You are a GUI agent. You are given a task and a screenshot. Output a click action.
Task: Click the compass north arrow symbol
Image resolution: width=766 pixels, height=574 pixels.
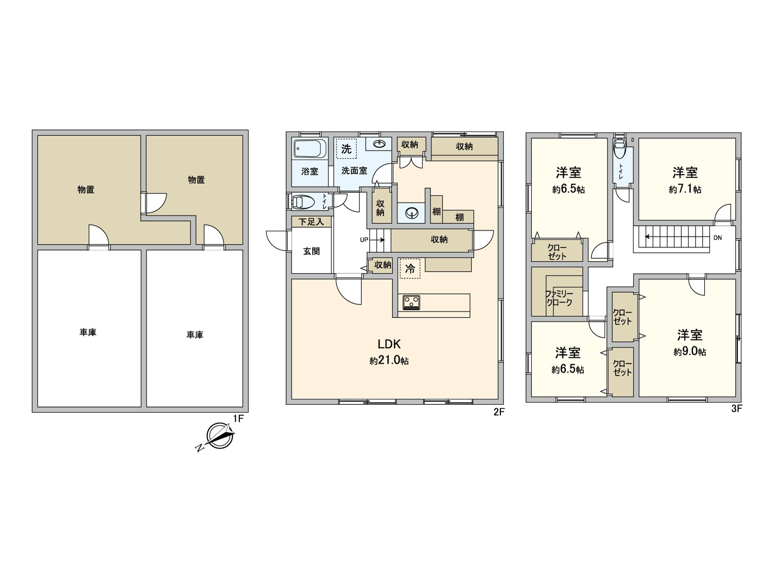(220, 436)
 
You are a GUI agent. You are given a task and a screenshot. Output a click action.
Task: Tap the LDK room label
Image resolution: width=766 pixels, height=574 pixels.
(389, 344)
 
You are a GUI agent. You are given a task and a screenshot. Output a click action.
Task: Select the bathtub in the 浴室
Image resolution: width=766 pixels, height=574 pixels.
(310, 149)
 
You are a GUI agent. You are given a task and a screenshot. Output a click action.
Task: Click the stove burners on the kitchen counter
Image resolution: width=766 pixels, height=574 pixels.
(411, 302)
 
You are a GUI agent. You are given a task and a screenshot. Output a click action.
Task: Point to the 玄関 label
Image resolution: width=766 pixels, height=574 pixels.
(311, 251)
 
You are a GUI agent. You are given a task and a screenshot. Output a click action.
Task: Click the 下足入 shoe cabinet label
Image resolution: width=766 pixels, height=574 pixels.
(311, 222)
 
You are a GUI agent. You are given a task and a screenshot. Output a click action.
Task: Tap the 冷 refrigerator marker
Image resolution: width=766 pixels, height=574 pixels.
(410, 268)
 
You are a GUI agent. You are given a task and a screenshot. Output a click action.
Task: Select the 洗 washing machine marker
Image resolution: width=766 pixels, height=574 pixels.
(346, 149)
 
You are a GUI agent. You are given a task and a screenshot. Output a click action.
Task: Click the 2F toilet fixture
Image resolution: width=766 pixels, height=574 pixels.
(304, 202)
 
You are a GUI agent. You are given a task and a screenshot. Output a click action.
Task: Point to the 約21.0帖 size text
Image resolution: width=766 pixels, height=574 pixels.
(389, 361)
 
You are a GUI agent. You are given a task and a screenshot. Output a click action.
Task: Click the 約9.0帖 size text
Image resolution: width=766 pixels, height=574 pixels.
(689, 352)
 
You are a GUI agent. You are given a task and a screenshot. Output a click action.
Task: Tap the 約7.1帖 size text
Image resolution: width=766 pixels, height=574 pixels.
(685, 189)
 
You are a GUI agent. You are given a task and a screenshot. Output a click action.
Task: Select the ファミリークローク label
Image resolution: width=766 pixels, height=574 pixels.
(559, 298)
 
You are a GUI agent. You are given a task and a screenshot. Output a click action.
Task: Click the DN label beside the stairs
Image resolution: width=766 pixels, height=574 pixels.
(717, 238)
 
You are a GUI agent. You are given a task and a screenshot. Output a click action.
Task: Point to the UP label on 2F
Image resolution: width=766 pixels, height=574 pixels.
(364, 240)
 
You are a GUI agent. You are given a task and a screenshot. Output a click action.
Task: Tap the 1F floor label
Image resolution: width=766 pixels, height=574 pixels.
(238, 419)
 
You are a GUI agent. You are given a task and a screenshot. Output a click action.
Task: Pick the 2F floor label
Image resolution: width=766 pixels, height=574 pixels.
(499, 412)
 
